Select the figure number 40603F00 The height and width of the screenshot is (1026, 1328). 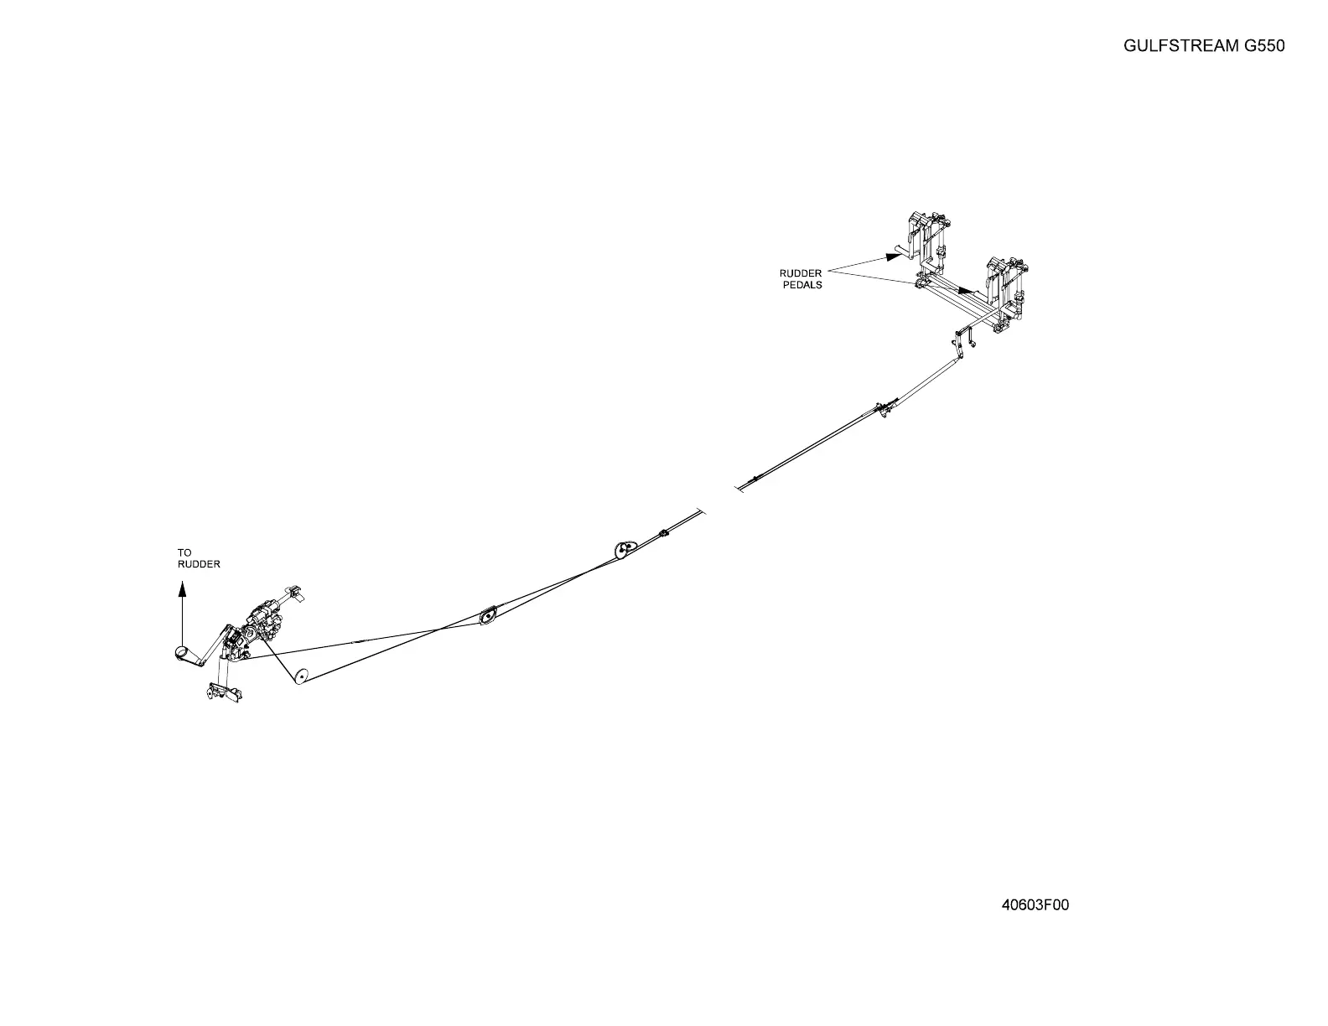(x=1035, y=904)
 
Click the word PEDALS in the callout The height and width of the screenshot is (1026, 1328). (x=802, y=285)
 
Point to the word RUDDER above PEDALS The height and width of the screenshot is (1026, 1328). (x=801, y=273)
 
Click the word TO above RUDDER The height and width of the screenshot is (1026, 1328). (x=184, y=552)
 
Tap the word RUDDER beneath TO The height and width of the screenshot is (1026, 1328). (x=199, y=564)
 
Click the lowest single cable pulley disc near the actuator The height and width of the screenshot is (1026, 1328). (x=300, y=676)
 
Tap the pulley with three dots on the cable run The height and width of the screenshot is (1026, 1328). (x=624, y=549)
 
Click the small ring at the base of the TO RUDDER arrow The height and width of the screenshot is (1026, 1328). (x=181, y=653)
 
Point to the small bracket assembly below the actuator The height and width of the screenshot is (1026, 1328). (x=222, y=693)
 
